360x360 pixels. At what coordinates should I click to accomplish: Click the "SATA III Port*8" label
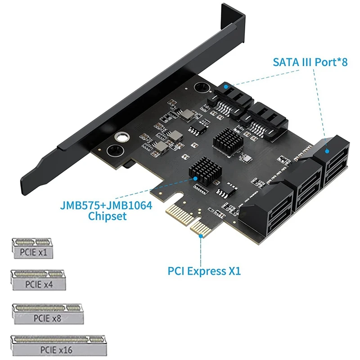[x=310, y=62]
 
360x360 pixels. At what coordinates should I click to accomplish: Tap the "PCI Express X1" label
[x=204, y=271]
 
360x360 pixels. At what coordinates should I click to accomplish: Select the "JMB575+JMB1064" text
[x=106, y=206]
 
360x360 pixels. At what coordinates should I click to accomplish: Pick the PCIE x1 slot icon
[x=32, y=248]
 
